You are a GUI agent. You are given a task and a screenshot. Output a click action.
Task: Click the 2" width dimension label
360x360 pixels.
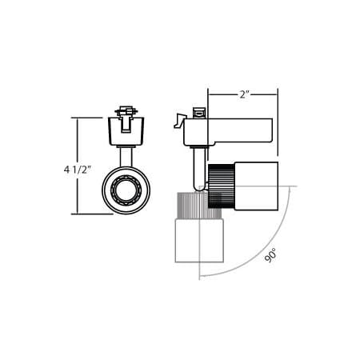(244, 94)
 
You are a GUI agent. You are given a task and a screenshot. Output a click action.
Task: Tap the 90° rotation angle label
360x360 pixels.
(271, 255)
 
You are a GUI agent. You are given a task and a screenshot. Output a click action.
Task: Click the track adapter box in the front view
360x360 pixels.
(126, 131)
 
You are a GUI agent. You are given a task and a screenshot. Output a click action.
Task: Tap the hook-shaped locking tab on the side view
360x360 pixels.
(180, 121)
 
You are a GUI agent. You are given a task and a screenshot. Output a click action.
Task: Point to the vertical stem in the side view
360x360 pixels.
(197, 168)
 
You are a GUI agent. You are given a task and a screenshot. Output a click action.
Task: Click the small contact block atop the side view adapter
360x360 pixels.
(200, 113)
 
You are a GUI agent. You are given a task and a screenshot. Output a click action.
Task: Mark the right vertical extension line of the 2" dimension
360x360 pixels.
(278, 120)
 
